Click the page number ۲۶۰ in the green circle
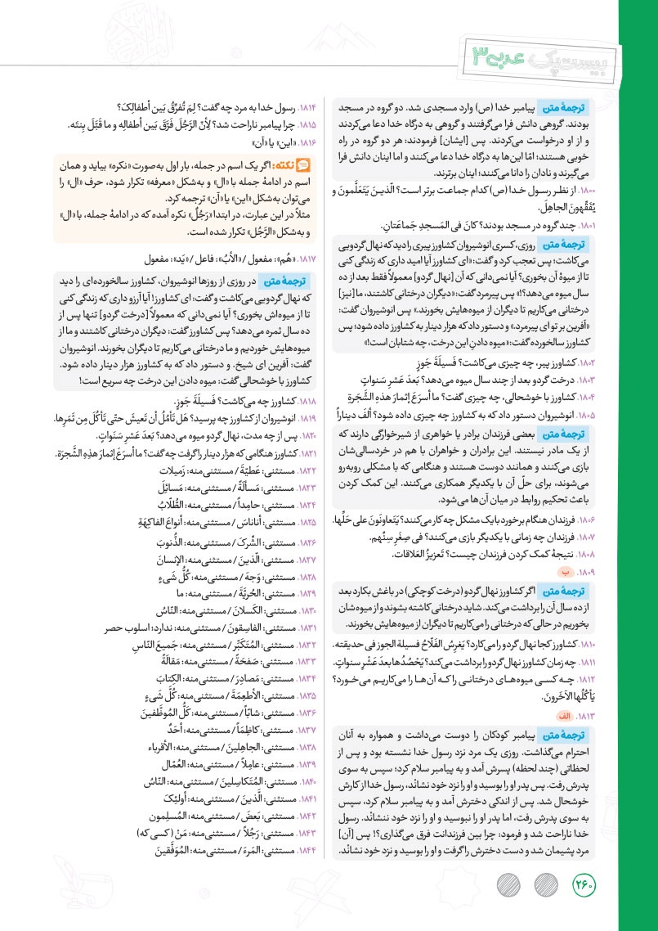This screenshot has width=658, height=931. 586,885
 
